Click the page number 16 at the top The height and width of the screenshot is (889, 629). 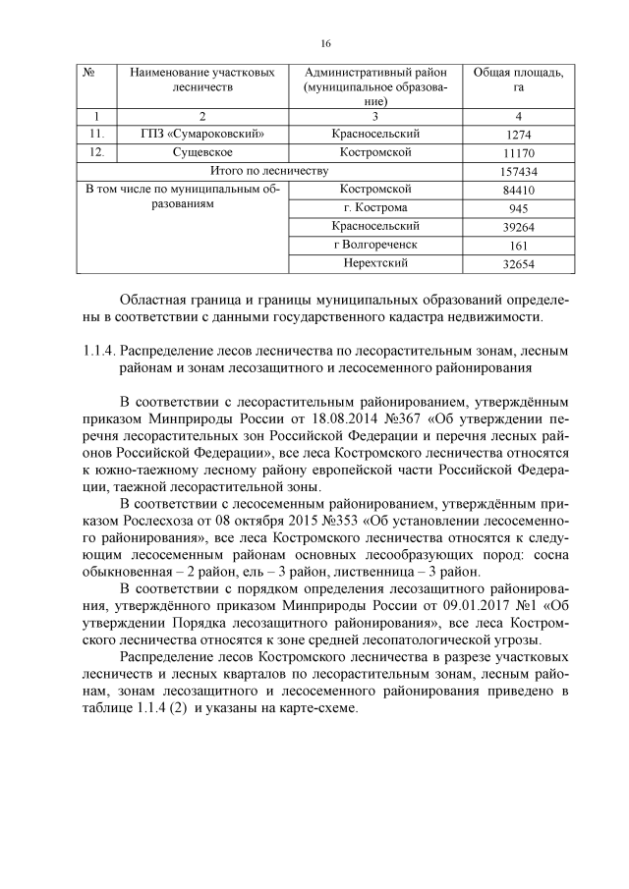tap(325, 44)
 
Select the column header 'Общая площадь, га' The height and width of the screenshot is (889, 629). tap(518, 80)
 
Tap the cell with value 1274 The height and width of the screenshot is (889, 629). tap(518, 134)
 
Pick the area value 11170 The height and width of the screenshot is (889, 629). tap(518, 153)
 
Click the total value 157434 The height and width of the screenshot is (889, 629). tap(518, 172)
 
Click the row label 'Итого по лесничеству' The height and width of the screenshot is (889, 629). tap(271, 172)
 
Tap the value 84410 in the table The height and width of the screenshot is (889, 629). tap(518, 190)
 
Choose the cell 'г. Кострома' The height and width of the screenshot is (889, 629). tap(374, 208)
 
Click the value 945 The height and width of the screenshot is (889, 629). tap(518, 208)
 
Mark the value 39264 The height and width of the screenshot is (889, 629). tap(518, 227)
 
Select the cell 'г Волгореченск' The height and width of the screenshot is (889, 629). tap(374, 245)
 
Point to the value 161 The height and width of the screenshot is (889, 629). tap(518, 246)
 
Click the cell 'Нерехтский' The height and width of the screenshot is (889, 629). tap(374, 263)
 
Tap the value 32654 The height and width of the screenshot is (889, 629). tap(518, 264)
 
